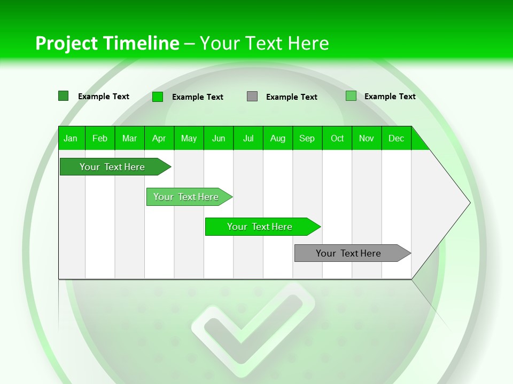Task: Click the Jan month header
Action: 71,138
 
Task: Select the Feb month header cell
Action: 100,138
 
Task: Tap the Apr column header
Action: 159,138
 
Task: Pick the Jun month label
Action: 219,138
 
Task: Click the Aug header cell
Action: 278,138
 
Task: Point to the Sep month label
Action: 307,138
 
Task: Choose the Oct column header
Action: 337,138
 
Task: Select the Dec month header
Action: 397,138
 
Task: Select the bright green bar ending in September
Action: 260,227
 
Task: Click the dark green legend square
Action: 64,96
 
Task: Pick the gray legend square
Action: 252,97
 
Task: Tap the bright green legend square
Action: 158,97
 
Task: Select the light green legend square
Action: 351,96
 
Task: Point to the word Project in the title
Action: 66,43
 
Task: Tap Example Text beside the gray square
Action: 292,97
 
